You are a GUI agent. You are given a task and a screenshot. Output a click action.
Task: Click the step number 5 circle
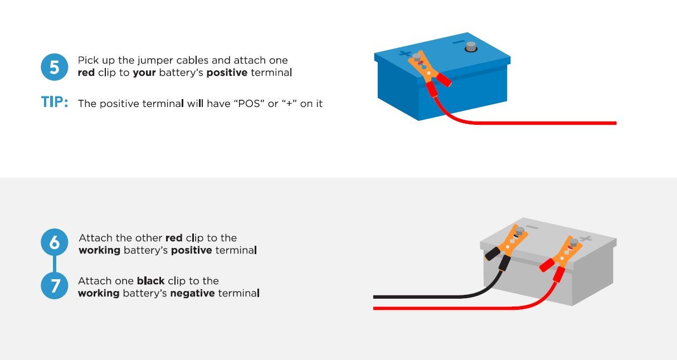point(55,67)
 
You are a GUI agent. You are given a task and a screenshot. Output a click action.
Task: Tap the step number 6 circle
point(55,242)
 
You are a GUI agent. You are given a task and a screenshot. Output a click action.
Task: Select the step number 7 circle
point(55,286)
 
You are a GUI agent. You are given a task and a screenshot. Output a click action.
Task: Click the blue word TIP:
point(55,102)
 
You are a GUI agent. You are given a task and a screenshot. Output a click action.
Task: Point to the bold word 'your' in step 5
point(144,73)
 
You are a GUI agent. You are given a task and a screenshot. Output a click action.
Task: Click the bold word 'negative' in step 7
point(193,293)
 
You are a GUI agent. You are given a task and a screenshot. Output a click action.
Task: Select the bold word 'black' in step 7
point(151,281)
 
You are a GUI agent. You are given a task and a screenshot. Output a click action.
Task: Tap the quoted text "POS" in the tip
point(249,104)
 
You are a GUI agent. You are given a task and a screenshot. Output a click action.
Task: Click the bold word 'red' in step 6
point(174,238)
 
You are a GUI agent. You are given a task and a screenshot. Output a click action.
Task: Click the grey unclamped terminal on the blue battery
point(471,47)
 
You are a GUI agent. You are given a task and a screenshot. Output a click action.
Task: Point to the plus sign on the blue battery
point(405,54)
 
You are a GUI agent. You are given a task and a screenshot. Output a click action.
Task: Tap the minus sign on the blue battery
point(458,42)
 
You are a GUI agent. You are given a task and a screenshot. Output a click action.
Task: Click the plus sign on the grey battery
point(586,239)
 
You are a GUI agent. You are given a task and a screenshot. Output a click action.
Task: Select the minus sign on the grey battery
point(532,227)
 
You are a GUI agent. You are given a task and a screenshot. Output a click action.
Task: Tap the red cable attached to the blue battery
point(514,123)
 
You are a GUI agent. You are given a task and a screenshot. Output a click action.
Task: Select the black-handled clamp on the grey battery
point(506,246)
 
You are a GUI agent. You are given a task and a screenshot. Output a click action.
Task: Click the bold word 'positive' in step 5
point(227,73)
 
